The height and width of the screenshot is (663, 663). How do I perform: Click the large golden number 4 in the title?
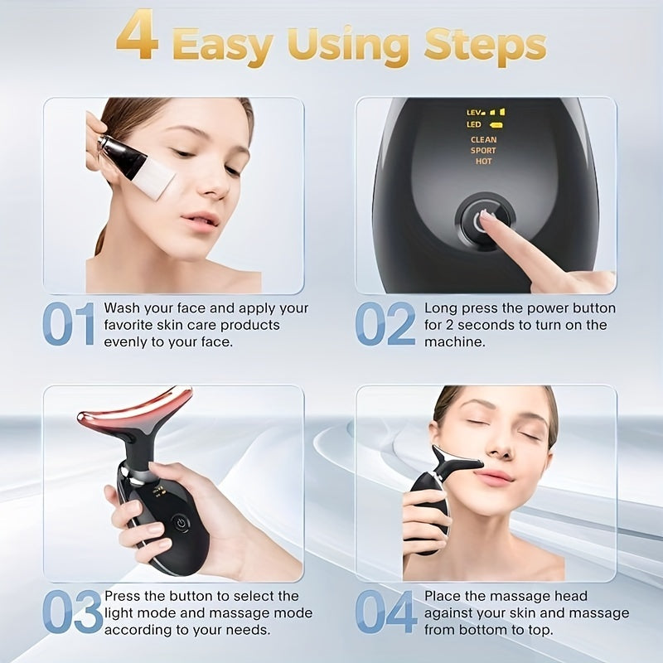pos(137,37)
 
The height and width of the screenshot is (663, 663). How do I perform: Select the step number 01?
pos(69,324)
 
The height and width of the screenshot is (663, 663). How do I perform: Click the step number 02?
pos(385,324)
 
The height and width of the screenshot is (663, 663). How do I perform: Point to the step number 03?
pos(71,612)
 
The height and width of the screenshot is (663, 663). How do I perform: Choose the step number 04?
pos(385,612)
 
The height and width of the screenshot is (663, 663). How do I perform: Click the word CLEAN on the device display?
pos(483,140)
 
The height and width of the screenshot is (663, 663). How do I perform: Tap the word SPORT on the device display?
pos(483,151)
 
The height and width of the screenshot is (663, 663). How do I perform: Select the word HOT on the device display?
pos(483,162)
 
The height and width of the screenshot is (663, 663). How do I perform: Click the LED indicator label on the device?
pos(474,125)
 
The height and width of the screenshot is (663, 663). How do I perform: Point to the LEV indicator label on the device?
pos(474,112)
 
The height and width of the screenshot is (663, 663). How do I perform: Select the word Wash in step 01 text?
pos(122,308)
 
